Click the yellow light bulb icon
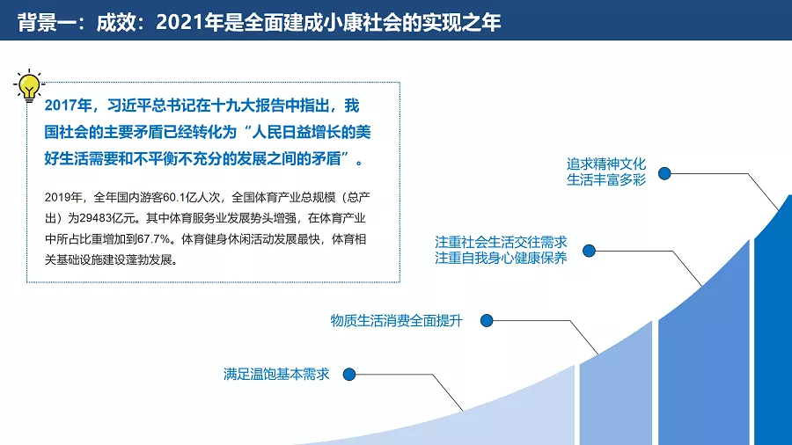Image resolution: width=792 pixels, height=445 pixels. tap(29, 86)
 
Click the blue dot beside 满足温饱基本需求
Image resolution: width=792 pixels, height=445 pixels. tap(349, 375)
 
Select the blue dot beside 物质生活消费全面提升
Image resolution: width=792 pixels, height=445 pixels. tap(487, 320)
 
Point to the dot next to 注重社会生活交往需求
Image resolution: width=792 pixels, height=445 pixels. tap(589, 251)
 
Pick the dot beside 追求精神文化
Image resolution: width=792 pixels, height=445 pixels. tap(664, 173)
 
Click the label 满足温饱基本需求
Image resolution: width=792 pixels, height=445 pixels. tap(276, 375)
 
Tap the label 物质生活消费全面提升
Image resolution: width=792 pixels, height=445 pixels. tap(397, 320)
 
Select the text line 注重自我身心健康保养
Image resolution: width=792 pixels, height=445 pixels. tap(501, 258)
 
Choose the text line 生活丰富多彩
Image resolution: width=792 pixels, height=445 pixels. tap(606, 180)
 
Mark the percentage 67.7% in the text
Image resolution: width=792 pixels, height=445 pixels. tap(154, 239)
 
